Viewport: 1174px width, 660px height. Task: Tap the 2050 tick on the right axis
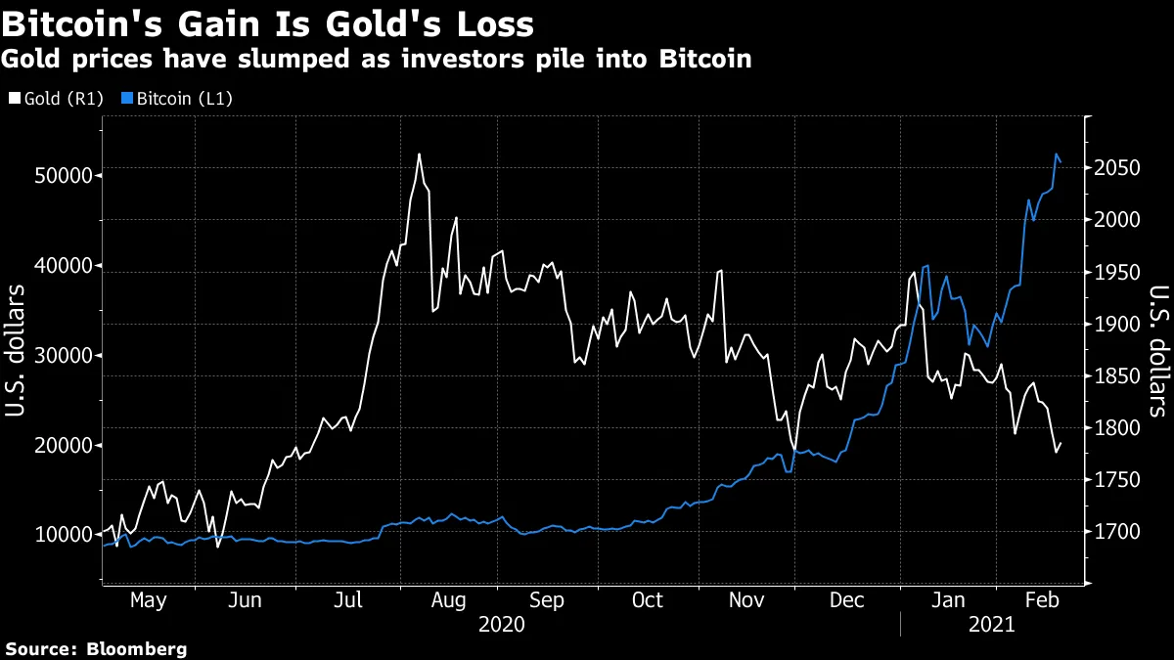point(1116,168)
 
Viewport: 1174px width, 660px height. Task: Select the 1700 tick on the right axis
point(1116,532)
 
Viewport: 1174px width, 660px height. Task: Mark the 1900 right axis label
point(1116,324)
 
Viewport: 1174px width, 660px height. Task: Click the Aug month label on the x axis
point(449,599)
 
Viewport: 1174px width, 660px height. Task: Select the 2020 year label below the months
point(501,623)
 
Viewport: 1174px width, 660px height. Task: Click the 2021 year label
point(989,623)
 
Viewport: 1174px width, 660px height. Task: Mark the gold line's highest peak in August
point(419,154)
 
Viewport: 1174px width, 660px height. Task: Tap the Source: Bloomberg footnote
point(96,648)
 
